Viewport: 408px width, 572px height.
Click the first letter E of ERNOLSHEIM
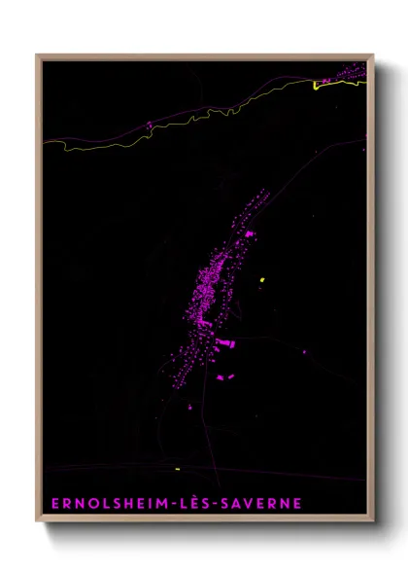coord(51,504)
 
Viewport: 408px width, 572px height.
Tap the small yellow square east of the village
coord(262,281)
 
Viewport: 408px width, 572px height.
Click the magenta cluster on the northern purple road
coord(149,125)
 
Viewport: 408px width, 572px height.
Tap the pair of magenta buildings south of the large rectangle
coord(224,376)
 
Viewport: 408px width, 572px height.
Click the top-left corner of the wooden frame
coord(39,56)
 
